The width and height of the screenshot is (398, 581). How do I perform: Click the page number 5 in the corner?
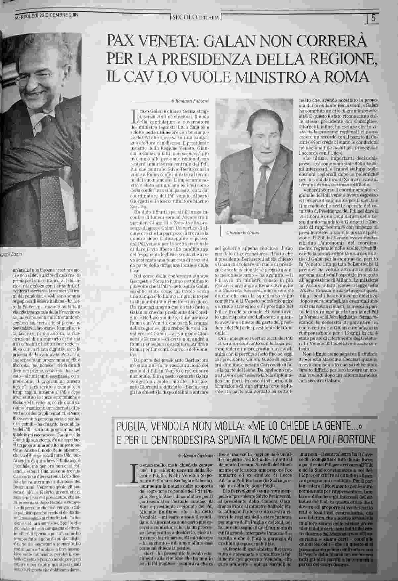[x=374, y=19]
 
